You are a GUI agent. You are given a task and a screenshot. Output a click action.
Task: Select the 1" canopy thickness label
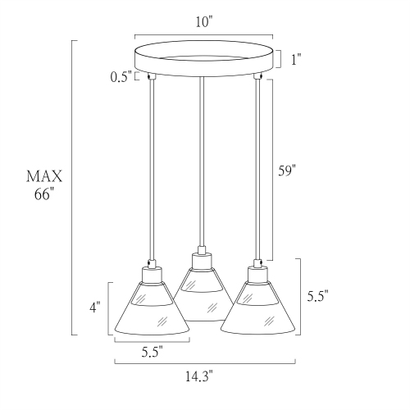coord(295,60)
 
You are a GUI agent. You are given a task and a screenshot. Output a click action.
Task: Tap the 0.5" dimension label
coord(121,78)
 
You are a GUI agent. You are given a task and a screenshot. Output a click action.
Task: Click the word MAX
coord(45,176)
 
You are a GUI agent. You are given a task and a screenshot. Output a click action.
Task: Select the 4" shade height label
coord(96,307)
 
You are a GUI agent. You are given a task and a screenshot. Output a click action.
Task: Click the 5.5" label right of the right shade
coord(317,298)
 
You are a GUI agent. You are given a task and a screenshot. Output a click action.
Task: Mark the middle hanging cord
coord(199,164)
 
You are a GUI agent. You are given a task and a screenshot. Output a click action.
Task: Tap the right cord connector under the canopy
coord(258,78)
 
